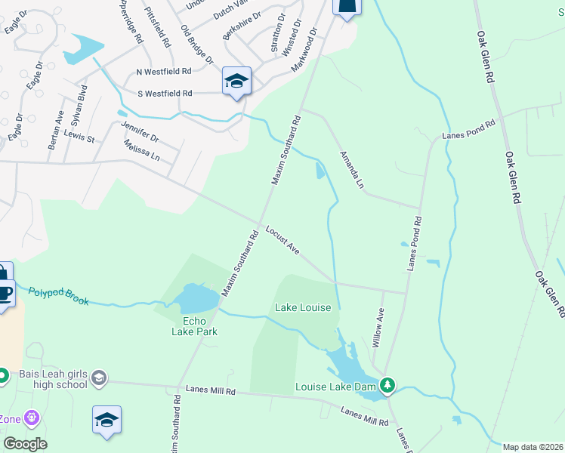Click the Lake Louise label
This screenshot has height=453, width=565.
302,308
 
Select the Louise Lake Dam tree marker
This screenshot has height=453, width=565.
387,386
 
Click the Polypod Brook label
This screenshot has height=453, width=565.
58,295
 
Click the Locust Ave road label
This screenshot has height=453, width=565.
282,240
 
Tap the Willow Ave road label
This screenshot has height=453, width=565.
378,329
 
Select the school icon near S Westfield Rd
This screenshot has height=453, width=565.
236,81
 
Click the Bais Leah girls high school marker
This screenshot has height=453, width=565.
98,377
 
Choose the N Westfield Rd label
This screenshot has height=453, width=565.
163,72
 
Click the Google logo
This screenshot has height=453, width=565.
24,444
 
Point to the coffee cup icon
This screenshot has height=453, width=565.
4,291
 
